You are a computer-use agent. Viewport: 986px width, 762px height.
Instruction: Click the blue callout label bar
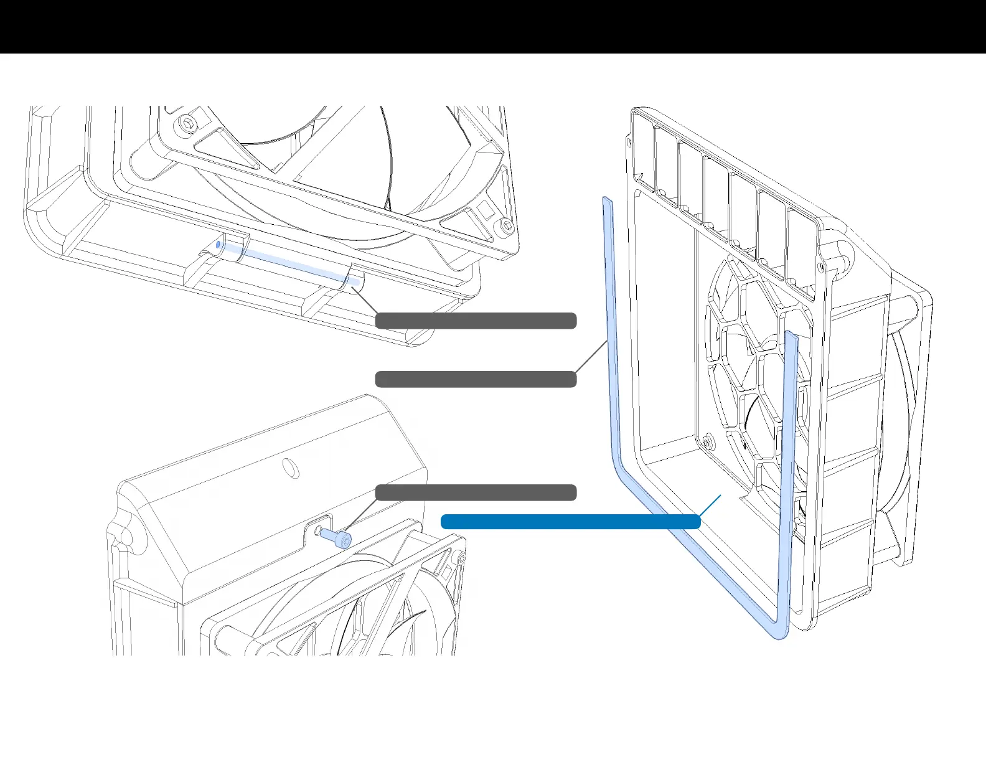click(570, 522)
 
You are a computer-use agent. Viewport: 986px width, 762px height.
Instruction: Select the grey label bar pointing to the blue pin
click(476, 321)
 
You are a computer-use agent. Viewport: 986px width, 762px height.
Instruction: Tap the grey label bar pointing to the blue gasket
click(476, 379)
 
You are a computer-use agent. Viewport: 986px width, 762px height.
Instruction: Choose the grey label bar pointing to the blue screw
click(476, 492)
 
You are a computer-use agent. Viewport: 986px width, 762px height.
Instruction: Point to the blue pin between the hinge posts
click(286, 261)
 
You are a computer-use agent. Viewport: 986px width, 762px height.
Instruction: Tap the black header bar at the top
click(493, 27)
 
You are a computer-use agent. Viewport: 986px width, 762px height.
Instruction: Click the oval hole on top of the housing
click(290, 468)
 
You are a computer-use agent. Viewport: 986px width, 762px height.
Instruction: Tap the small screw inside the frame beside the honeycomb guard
click(707, 443)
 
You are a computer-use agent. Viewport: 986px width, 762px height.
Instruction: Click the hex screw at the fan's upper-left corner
click(187, 123)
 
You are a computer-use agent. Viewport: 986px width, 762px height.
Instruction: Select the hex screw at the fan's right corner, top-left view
click(505, 227)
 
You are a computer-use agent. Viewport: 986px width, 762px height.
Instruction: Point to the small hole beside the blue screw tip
click(318, 530)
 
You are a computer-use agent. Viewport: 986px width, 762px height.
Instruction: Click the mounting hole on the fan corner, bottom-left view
click(461, 559)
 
